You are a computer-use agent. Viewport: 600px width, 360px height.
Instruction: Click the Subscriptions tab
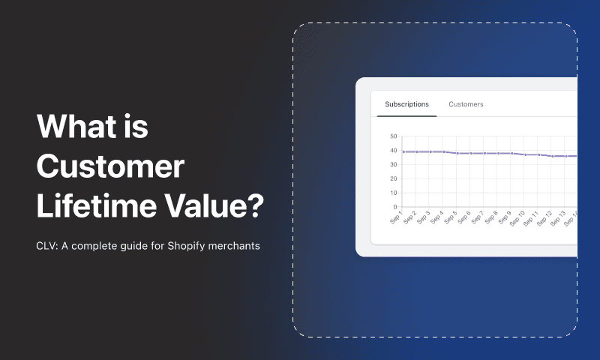click(406, 104)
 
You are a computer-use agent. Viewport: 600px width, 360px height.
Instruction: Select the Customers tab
click(466, 104)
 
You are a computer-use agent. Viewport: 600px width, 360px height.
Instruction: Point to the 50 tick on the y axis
click(393, 136)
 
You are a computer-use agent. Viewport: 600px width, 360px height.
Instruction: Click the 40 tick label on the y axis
click(393, 150)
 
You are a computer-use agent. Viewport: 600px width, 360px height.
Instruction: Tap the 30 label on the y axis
click(393, 164)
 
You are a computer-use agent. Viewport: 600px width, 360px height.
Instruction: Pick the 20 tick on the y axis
click(393, 178)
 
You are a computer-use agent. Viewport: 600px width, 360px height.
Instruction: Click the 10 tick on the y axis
click(393, 193)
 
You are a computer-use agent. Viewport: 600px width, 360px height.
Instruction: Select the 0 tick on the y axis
click(395, 207)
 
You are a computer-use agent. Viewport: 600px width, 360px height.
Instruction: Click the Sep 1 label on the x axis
click(396, 217)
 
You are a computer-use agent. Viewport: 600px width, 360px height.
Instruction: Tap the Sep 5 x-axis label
click(451, 217)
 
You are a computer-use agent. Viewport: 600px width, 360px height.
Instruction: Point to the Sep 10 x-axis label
click(517, 218)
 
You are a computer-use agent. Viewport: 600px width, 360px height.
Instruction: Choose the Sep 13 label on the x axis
click(558, 218)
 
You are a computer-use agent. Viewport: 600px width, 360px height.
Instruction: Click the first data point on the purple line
click(403, 152)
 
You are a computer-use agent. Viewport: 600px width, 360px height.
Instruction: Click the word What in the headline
click(76, 126)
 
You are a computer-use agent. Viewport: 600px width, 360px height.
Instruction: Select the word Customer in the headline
click(110, 166)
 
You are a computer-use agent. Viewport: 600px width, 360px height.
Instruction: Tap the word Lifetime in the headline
click(97, 205)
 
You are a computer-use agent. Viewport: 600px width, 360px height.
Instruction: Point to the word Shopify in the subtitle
click(186, 246)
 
